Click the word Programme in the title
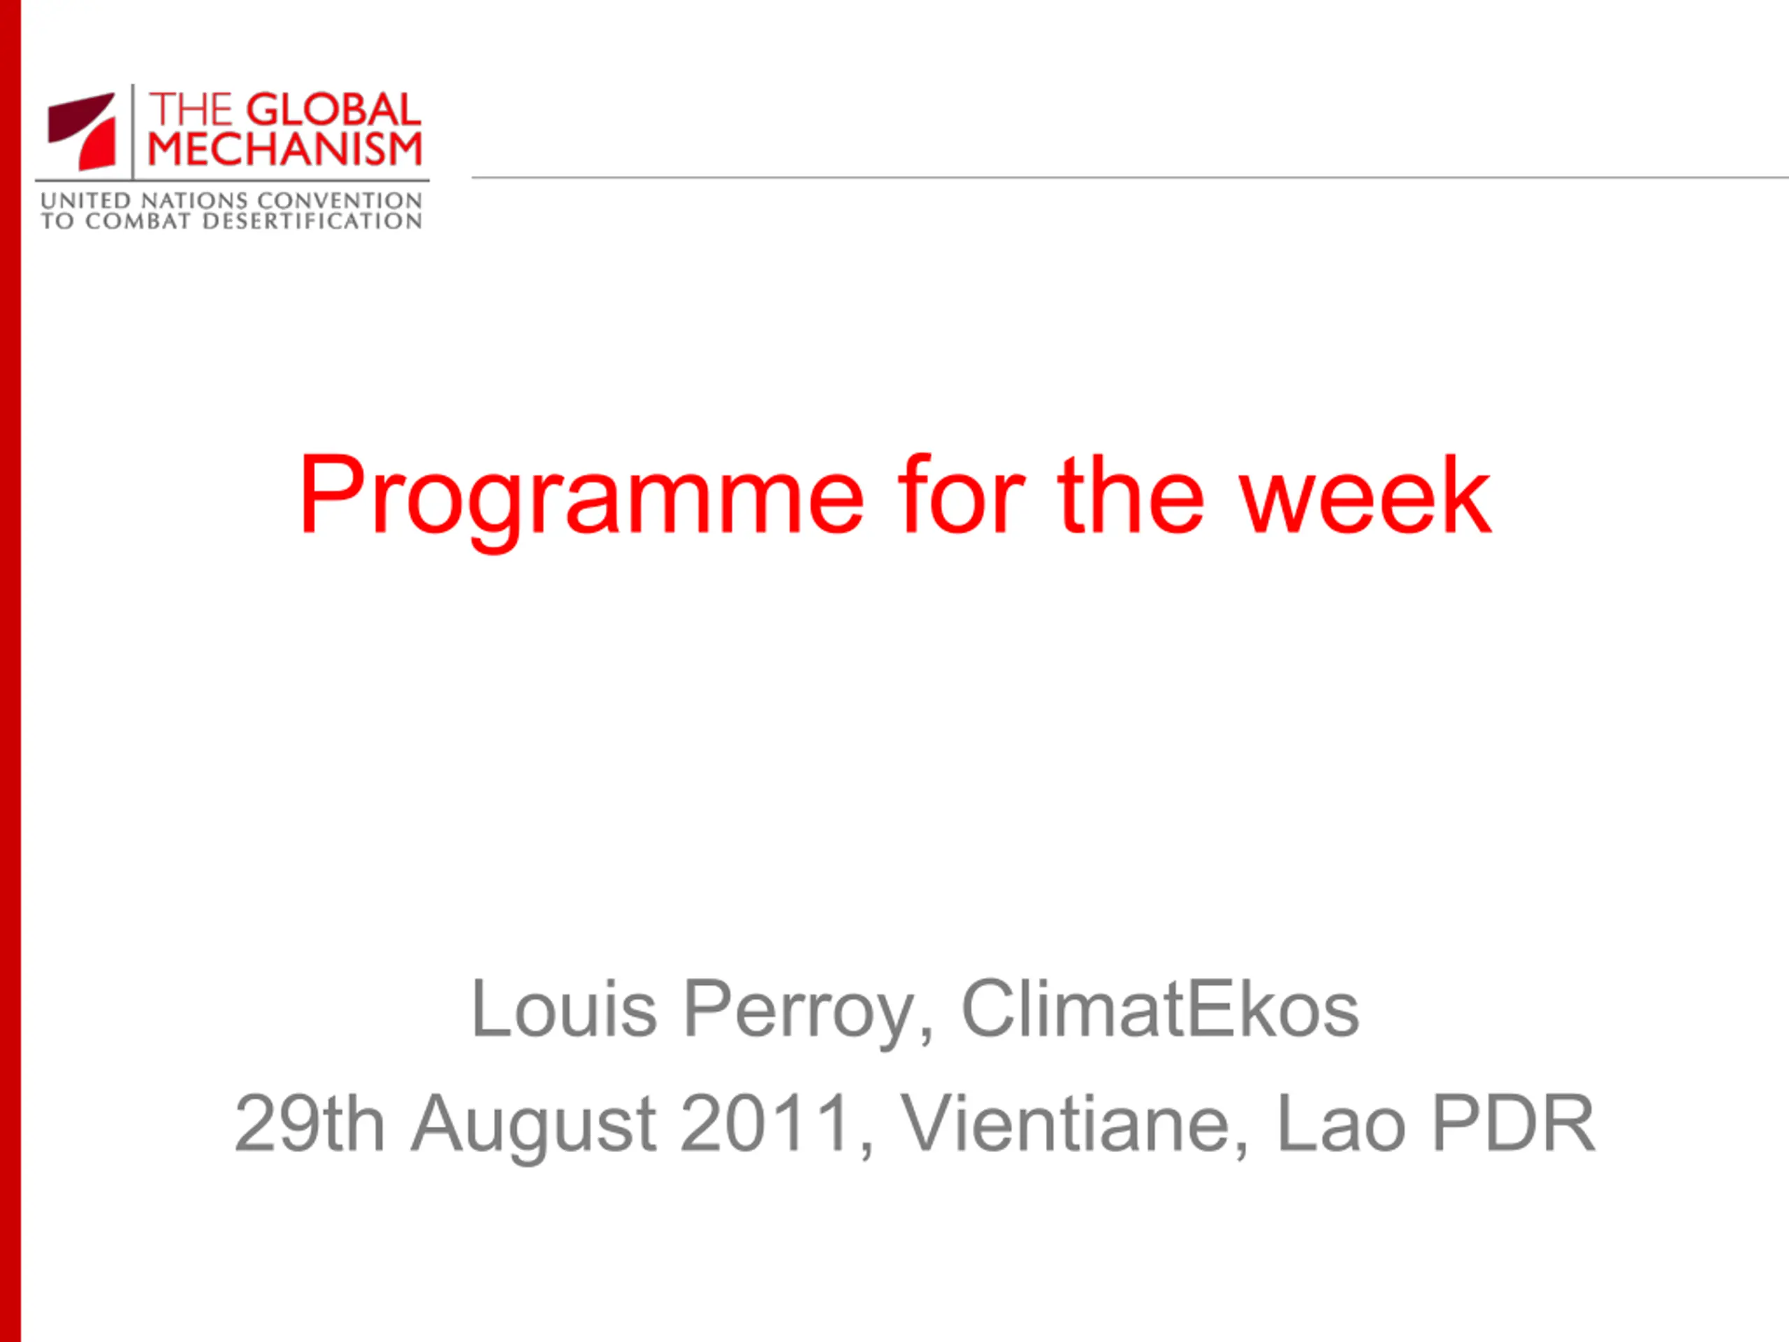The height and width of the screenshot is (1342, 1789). click(x=582, y=500)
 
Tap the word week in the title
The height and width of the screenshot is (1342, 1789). click(x=1366, y=494)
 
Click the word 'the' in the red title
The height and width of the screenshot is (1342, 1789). click(x=1131, y=494)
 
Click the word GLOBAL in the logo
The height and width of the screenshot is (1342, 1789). click(x=333, y=110)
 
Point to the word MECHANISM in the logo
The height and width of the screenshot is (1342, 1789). click(x=284, y=150)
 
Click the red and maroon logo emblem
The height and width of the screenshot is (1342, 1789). click(x=82, y=131)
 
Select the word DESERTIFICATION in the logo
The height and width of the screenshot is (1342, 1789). click(x=312, y=221)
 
